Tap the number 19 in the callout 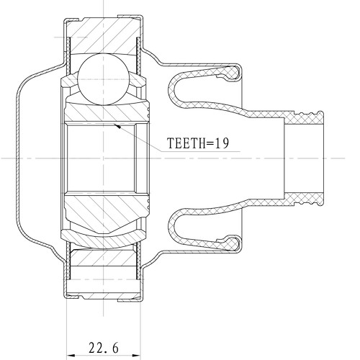[220, 144]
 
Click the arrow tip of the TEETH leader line [115, 126]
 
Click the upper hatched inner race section [108, 109]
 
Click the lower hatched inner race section [108, 205]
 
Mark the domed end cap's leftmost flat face [16, 157]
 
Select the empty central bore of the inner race [101, 157]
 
